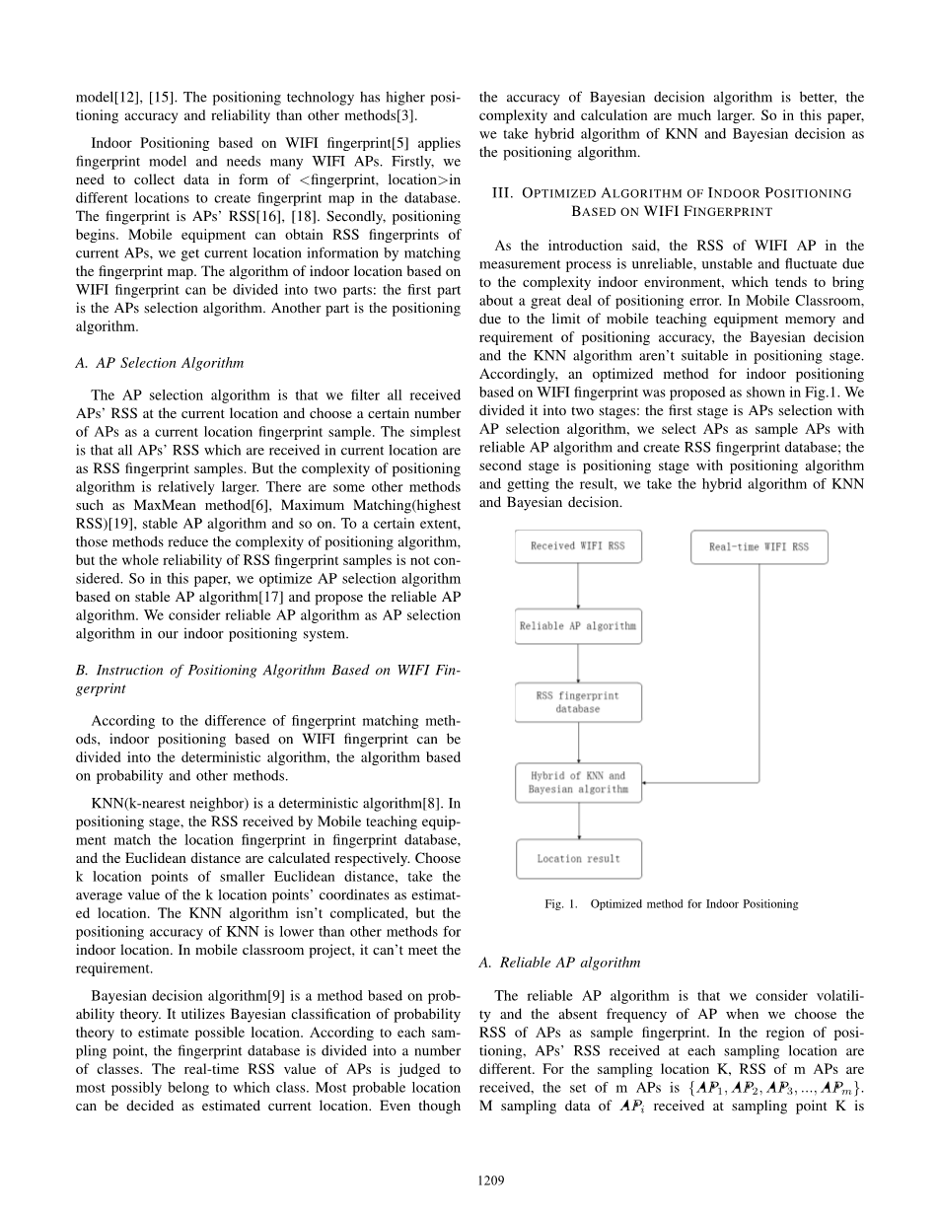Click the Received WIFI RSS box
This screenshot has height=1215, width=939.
tap(578, 546)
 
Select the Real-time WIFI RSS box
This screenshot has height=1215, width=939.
tap(758, 547)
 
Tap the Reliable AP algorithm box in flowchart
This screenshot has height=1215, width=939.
tap(578, 626)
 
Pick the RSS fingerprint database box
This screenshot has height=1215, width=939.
tap(578, 702)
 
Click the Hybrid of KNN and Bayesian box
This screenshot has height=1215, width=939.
tap(578, 783)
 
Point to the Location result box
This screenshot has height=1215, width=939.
tap(578, 859)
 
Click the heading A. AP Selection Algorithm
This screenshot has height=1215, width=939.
tap(159, 363)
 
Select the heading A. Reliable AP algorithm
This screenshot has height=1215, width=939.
tap(558, 963)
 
